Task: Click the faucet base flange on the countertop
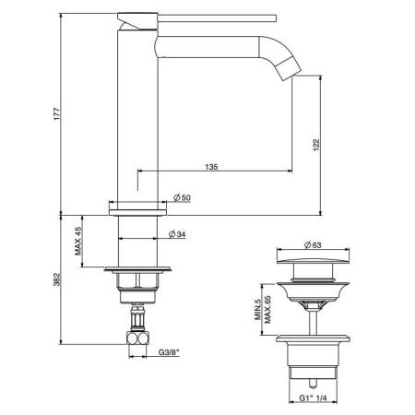(138, 210)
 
